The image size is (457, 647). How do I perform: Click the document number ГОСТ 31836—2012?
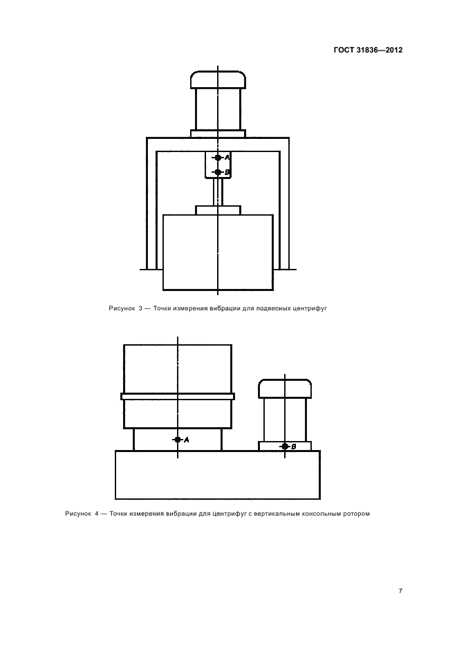click(368, 50)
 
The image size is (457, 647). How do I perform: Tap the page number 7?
click(400, 591)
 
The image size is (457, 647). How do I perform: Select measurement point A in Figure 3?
click(218, 158)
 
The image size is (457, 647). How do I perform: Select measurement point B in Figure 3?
click(218, 172)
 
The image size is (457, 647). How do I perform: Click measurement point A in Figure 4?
click(178, 440)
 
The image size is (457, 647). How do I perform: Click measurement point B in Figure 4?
click(285, 447)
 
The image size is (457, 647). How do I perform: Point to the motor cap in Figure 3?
click(218, 79)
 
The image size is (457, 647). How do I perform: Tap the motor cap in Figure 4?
click(285, 388)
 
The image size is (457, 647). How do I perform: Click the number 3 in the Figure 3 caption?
click(140, 308)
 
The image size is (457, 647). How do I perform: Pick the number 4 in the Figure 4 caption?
click(97, 514)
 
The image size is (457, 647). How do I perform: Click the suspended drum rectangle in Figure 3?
click(218, 252)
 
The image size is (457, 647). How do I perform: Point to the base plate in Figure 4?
click(218, 475)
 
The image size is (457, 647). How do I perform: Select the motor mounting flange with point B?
click(285, 446)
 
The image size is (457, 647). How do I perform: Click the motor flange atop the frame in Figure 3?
click(218, 133)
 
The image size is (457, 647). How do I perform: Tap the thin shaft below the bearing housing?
click(218, 192)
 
